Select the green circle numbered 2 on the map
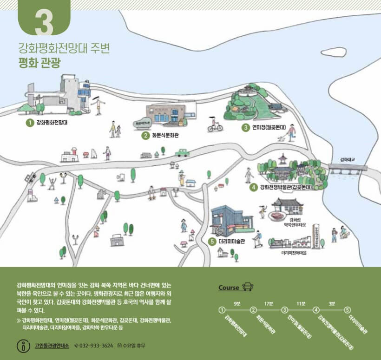pos(145,136)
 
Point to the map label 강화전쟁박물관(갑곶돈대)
pos(285,187)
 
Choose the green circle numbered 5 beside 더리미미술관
pos(212,242)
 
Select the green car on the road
pos(182,152)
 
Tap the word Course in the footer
pos(229,288)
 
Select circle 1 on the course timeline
pos(222,310)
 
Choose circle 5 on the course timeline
pos(347,310)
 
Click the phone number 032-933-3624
pos(96,346)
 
